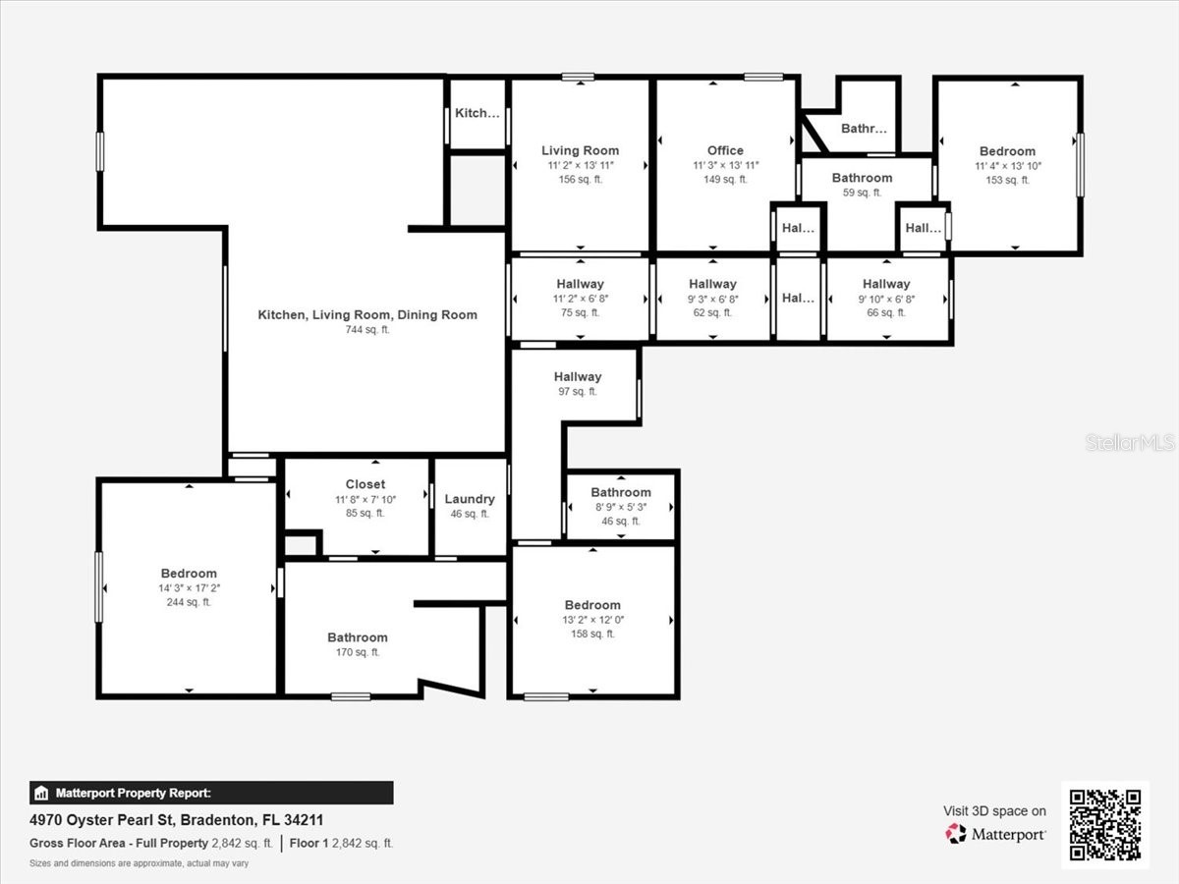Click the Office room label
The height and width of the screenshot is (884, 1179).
(725, 150)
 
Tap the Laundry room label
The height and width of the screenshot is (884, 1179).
(470, 499)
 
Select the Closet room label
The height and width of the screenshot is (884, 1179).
(365, 484)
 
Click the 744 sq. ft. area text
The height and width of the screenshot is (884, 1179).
(366, 330)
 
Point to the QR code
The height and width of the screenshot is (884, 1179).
(1105, 825)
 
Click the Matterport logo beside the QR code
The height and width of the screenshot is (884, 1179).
(996, 834)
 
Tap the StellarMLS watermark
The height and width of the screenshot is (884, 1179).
(1130, 442)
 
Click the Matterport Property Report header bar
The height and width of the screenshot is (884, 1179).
(211, 793)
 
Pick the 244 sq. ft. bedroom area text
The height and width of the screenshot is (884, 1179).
(189, 602)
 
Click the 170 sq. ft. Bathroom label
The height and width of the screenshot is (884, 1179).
(358, 637)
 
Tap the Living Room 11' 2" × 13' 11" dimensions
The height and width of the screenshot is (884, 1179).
(581, 165)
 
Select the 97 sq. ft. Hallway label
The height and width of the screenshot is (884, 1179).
(577, 376)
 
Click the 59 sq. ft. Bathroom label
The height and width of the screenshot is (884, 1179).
(862, 178)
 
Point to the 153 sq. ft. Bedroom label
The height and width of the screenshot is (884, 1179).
(1007, 151)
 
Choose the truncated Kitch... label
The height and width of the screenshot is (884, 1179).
(477, 113)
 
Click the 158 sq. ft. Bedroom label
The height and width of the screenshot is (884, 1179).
(592, 605)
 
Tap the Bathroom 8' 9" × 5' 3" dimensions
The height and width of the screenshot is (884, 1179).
(621, 507)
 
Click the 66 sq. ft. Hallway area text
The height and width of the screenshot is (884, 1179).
(886, 312)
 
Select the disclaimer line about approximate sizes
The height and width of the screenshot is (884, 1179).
(139, 863)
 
